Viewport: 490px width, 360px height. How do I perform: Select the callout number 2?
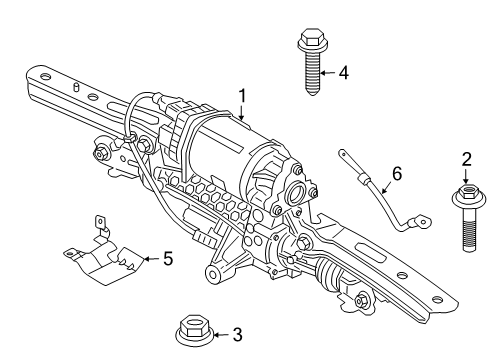tap(465, 158)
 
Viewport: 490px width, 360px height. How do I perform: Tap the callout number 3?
tap(236, 335)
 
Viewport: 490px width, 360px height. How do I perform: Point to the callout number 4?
tap(343, 72)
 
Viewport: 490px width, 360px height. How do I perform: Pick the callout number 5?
tap(167, 259)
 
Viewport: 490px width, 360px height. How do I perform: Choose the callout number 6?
tap(397, 174)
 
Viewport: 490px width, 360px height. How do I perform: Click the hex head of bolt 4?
tap(307, 42)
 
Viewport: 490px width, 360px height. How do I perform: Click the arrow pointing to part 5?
tap(149, 259)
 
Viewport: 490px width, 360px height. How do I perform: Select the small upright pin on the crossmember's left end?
tap(77, 88)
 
